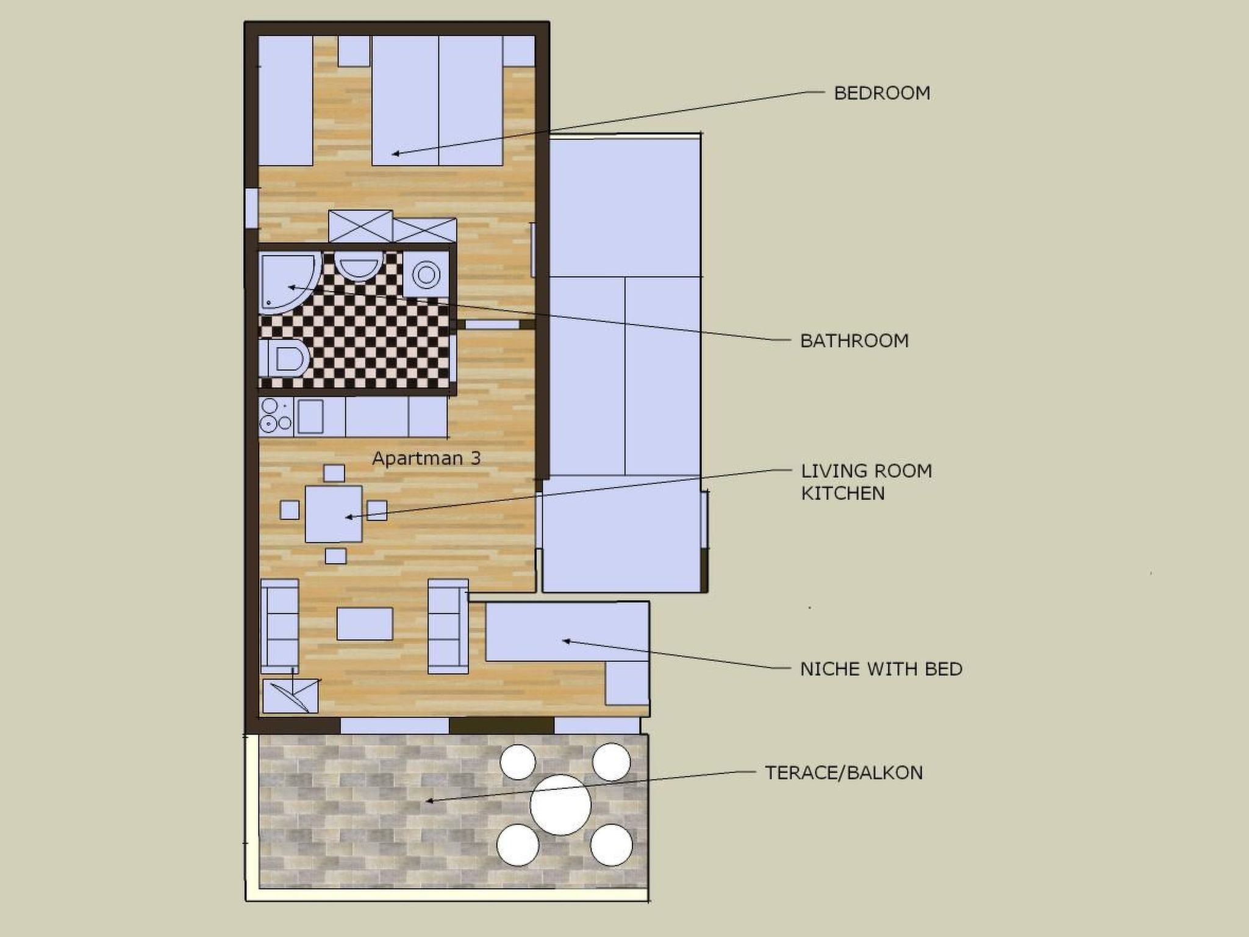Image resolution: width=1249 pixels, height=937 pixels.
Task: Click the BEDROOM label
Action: coord(881,93)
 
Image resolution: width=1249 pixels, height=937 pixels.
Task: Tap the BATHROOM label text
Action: coord(854,340)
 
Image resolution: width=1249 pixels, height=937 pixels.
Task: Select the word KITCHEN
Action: coord(843,493)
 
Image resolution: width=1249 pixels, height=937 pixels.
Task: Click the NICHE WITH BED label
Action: coord(881,669)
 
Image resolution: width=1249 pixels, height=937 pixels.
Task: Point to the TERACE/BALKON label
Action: coord(843,773)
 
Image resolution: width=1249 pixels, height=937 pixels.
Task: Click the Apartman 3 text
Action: coord(426,458)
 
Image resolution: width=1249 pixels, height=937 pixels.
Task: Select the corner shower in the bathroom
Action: coord(287,282)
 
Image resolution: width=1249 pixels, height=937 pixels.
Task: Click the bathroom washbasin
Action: coord(358,267)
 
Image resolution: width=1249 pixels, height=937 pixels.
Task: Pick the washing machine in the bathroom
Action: coord(426,274)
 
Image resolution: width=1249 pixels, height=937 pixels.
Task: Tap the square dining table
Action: coord(334,514)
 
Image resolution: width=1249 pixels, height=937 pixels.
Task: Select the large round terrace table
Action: coord(560,805)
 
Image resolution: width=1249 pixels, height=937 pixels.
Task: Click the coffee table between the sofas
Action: coord(364,623)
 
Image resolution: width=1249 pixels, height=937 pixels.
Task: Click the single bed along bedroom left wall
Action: coord(285,100)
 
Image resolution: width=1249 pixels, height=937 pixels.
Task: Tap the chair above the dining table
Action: coord(334,473)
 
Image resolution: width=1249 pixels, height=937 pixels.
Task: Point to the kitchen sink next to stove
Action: coord(310,416)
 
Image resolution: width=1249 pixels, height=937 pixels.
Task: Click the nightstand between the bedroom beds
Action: coord(354,51)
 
